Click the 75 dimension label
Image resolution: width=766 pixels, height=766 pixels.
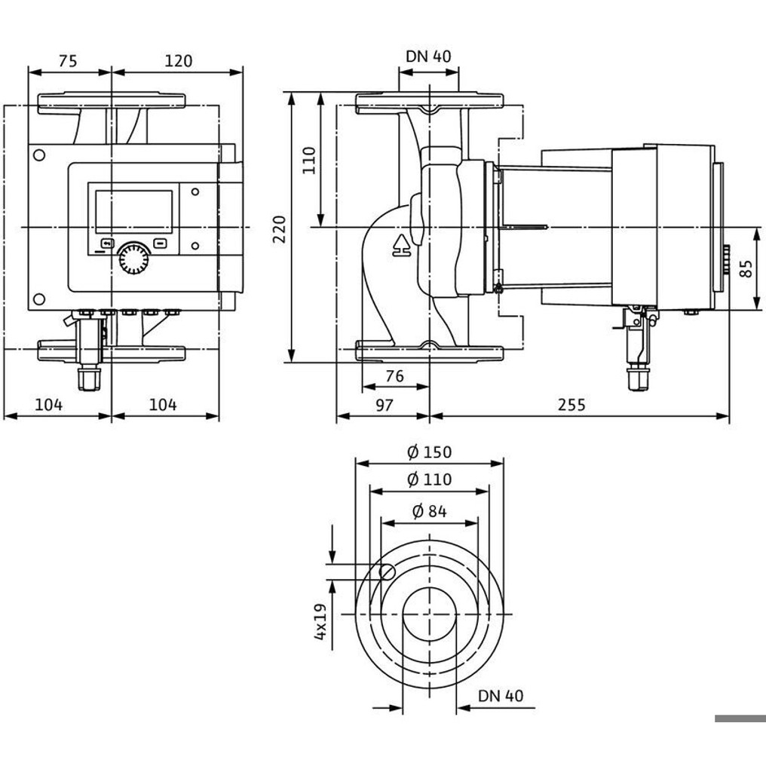68,61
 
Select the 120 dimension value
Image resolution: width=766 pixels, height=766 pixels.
179,61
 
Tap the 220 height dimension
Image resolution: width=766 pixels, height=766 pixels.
280,229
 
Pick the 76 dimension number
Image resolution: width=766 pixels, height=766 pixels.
395,375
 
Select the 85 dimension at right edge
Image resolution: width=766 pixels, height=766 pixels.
746,268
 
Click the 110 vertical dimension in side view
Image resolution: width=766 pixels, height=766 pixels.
309,160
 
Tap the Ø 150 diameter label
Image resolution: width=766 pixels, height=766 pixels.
430,452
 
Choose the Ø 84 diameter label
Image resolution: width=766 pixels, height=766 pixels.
430,511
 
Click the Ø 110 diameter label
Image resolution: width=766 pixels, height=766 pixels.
430,480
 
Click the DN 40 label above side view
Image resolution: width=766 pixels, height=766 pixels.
428,57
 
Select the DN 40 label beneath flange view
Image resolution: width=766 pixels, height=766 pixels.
501,696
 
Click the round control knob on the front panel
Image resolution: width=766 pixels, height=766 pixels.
133,258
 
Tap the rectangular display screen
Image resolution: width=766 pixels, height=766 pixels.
134,211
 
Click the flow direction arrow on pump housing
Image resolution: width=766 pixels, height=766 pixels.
402,246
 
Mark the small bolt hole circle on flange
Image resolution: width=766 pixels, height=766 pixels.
388,571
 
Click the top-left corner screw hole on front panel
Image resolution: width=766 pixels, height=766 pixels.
38,155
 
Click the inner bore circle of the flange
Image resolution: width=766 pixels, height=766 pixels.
430,614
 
